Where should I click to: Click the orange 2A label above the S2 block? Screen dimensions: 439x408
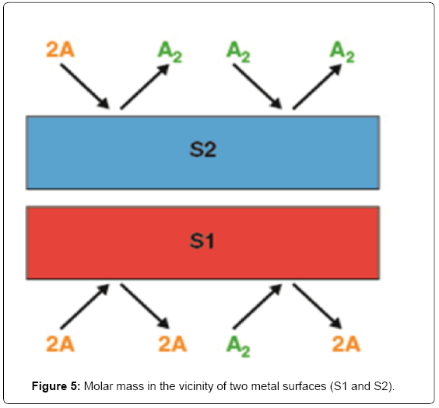60,50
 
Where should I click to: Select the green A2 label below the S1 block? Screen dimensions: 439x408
238,346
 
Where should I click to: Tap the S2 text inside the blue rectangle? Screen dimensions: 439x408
202,149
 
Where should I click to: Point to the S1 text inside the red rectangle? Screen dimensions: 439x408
202,241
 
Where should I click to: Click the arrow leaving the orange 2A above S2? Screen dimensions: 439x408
85,86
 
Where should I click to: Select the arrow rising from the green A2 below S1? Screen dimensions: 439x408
258,306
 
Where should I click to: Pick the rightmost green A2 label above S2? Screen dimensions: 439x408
342,52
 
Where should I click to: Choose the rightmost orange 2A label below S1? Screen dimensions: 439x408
346,343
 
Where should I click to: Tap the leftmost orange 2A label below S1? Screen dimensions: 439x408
60,343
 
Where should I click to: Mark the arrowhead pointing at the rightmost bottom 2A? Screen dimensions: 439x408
336,323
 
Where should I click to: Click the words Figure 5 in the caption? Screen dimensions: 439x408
56,386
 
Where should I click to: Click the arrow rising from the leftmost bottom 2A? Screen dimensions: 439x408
85,306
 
